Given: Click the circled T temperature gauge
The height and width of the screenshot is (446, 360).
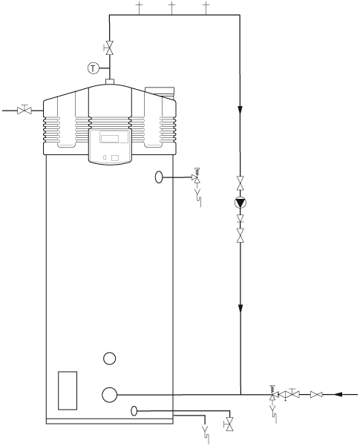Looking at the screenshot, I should [x=93, y=68].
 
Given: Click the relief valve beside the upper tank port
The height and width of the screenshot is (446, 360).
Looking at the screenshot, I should [x=197, y=178].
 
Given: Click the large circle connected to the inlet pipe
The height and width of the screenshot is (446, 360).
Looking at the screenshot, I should [x=110, y=393].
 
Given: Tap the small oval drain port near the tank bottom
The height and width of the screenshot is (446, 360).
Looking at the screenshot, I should [x=134, y=410].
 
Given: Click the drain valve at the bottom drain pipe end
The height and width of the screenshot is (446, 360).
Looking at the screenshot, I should [x=229, y=424].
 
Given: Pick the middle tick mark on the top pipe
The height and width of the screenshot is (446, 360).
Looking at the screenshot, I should [x=171, y=9].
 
